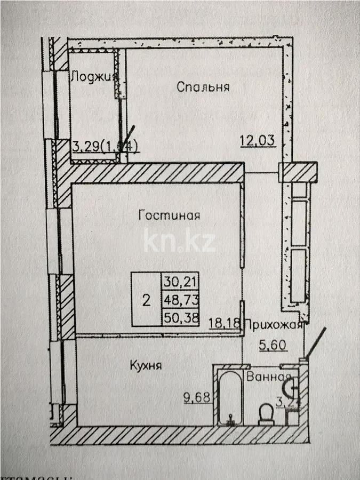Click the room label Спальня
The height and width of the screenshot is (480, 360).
(203, 87)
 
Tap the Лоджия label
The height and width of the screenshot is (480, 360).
(94, 76)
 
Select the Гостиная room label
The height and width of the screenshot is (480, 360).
(169, 215)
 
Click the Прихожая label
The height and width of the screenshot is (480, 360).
(274, 324)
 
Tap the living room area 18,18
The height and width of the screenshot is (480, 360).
(226, 323)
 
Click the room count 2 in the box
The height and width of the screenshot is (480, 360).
(146, 300)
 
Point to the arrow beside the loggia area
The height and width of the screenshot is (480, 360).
(128, 140)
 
